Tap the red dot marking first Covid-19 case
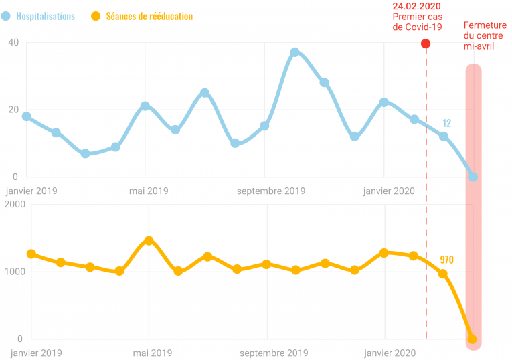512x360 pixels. pos(426,43)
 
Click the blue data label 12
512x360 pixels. pos(447,123)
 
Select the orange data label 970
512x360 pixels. pos(447,259)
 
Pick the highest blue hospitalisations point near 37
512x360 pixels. pos(294,52)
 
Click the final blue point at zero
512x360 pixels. pos(473,177)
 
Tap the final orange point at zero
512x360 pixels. pos(473,339)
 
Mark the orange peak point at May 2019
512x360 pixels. pos(149,240)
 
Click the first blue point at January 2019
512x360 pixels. pos(26,116)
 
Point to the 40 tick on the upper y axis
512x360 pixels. pos(13,43)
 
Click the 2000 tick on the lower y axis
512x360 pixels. pos(14,205)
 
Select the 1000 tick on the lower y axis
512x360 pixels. pos(14,272)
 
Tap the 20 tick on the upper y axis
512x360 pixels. pos(13,110)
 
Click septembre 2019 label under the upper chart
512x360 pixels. pos(271,191)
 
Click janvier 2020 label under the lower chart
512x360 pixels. pos(388,353)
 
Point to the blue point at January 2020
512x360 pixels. pos(384,102)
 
